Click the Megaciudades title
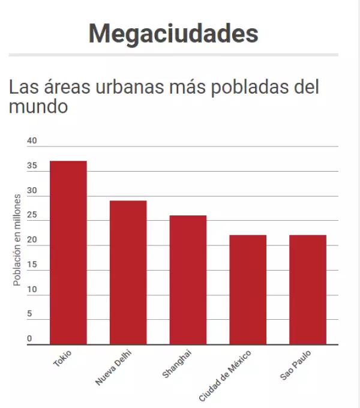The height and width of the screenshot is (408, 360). tap(173, 33)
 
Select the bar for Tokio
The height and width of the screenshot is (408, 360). tap(68, 253)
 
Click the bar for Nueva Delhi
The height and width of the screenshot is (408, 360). tap(128, 272)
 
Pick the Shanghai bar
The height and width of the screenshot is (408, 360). tap(188, 280)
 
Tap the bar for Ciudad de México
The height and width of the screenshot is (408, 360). tap(248, 290)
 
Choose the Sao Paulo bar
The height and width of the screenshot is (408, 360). tap(308, 290)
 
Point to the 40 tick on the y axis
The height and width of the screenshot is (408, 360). tap(32, 141)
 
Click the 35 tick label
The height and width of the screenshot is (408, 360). tap(32, 166)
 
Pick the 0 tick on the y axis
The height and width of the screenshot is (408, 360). tap(29, 339)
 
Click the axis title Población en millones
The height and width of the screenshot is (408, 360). tap(17, 240)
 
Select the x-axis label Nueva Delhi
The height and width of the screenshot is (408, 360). tap(113, 367)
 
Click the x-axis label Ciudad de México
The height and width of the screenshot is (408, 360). tap(225, 375)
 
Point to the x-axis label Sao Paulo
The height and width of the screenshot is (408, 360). tap(296, 365)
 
